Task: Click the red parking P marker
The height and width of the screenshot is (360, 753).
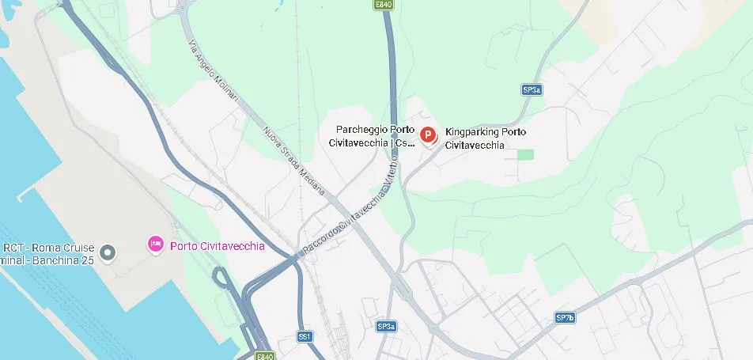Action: coord(428,136)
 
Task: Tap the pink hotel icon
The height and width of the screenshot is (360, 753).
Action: coord(156,245)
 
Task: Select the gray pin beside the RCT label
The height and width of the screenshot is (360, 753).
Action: coord(109,252)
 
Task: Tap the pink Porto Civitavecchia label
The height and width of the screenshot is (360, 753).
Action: coord(218,246)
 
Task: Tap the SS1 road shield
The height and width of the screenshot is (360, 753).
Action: coord(305,336)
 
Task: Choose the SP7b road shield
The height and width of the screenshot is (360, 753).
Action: coord(565,318)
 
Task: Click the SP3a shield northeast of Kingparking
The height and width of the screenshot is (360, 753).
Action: coord(532,90)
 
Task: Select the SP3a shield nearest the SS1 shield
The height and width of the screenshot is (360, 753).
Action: coord(386,326)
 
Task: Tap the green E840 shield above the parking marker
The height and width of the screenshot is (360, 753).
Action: coord(384,5)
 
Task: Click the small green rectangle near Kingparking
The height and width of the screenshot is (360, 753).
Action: coord(525,154)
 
